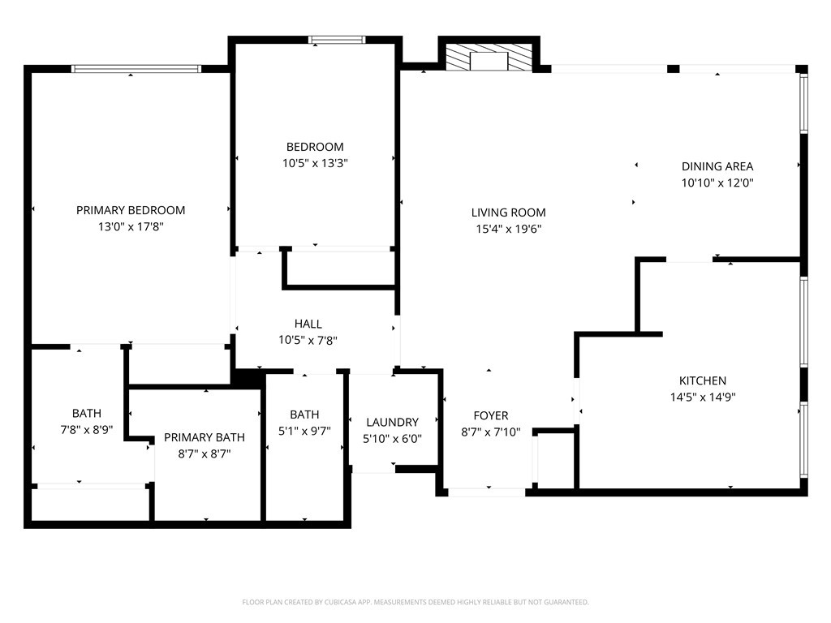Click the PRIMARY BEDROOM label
pos(131,210)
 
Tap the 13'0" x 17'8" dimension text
pos(131,227)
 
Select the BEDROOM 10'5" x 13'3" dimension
pos(315,163)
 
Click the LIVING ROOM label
pos(508,213)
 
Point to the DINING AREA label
pos(717,166)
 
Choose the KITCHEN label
pos(703,380)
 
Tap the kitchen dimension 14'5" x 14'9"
pos(703,397)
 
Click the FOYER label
pos(491,415)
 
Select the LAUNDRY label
pos(392,422)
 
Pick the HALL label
pos(308,324)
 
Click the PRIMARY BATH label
pos(204,437)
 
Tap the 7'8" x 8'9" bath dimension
pos(86,430)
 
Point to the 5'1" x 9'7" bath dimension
pos(304,432)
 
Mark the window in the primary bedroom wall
pos(136,68)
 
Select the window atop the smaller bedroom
pos(337,40)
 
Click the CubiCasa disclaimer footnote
pos(415,603)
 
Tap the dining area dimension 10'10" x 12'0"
pos(717,183)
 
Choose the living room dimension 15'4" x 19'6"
pos(508,229)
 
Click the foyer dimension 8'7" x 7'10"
pos(491,432)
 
